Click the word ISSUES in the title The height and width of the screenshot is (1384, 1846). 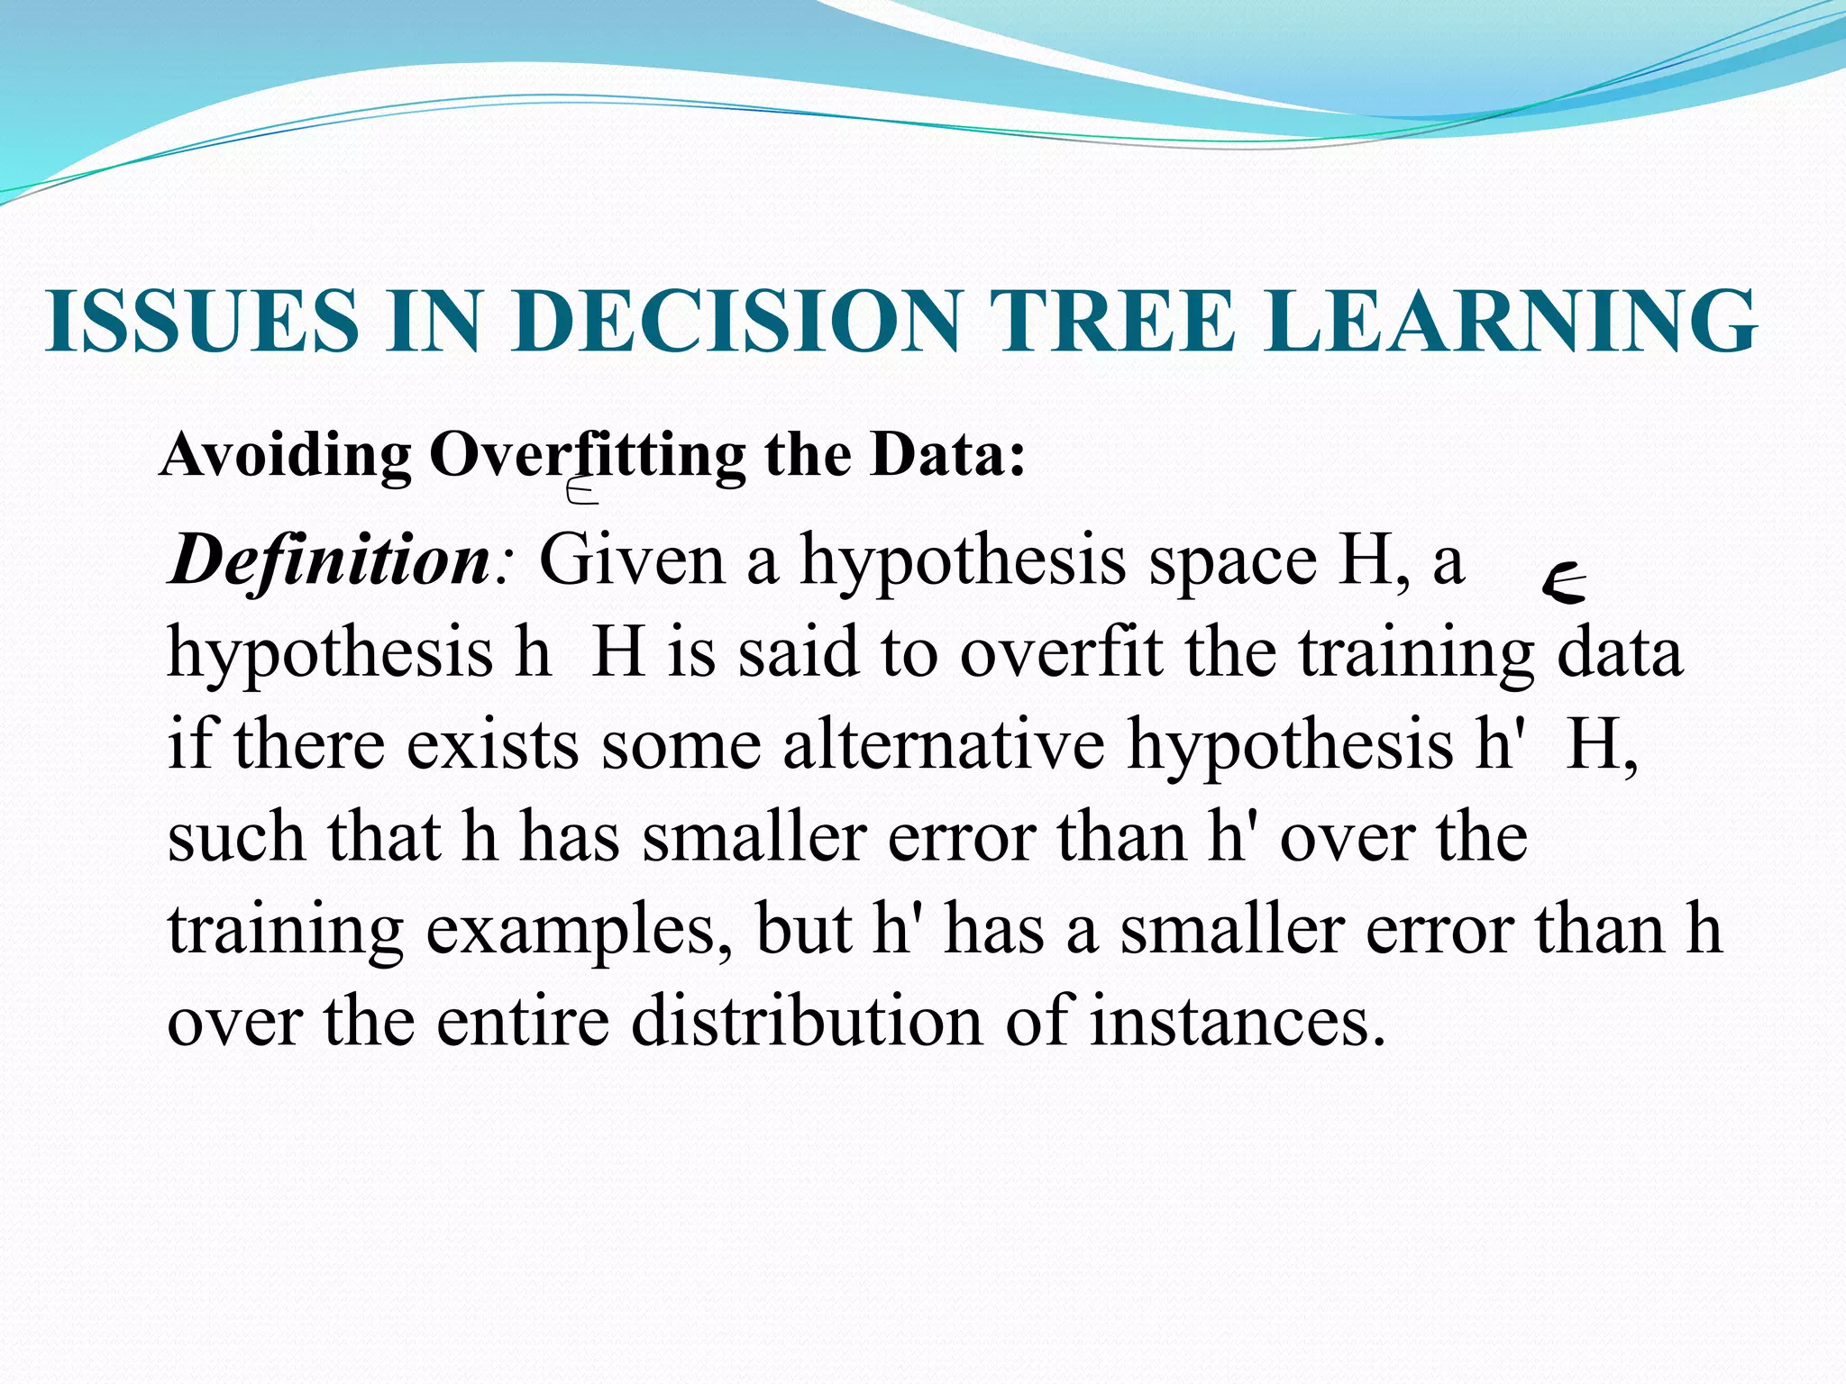(202, 322)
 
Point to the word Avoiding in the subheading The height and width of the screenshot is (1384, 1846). (286, 455)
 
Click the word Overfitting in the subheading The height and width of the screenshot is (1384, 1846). (587, 455)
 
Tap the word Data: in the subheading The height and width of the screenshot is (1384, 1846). (947, 455)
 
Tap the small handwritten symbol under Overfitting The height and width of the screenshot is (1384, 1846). (581, 491)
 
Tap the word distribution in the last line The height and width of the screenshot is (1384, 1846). (807, 1022)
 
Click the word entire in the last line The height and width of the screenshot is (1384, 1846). (523, 1022)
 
